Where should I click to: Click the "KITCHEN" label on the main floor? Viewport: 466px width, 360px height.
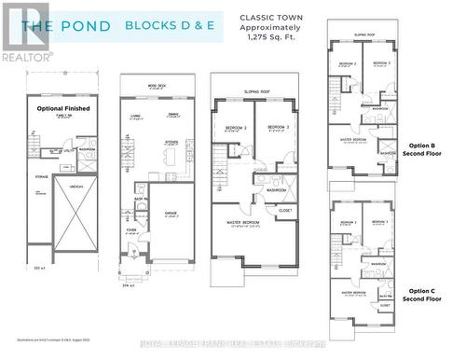tap(171, 142)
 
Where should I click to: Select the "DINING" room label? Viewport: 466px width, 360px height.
tap(172, 116)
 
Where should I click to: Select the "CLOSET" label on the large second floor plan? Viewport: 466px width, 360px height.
tap(285, 211)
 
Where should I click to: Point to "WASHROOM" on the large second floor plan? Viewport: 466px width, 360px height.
tap(276, 190)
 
